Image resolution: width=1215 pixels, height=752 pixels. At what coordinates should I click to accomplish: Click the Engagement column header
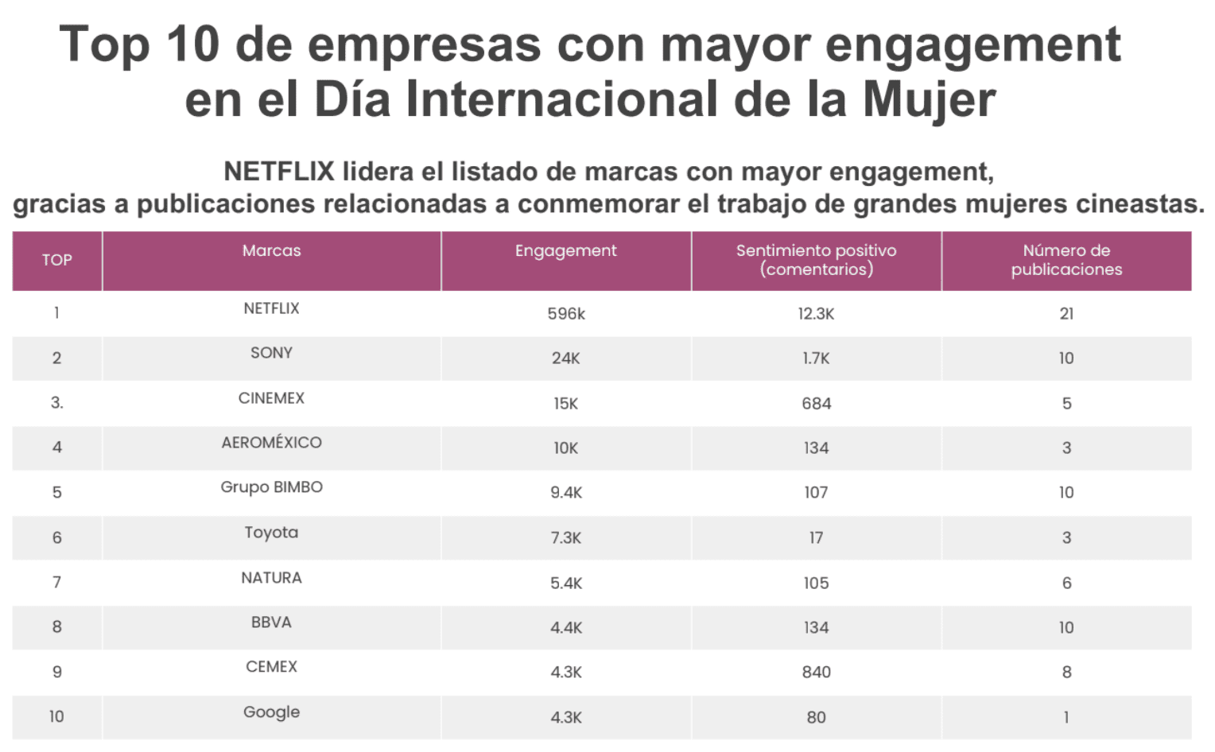point(565,250)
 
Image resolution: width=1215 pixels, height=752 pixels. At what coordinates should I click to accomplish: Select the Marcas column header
point(271,250)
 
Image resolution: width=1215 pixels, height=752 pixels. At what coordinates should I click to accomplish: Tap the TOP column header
point(56,260)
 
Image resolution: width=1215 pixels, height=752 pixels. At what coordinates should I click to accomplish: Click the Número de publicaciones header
point(1066,260)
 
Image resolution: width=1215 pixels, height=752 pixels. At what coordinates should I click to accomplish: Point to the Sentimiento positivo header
point(816,260)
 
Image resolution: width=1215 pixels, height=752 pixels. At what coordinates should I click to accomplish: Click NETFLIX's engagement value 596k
point(565,314)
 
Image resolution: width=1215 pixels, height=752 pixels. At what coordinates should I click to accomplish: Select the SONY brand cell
point(271,353)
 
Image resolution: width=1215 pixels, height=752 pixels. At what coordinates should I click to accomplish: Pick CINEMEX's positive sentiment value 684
point(816,404)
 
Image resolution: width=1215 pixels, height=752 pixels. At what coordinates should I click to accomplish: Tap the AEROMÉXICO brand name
point(271,443)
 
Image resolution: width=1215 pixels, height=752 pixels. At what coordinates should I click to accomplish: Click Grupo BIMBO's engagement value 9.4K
point(565,493)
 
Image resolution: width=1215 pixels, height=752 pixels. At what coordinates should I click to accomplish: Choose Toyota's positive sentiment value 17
point(816,538)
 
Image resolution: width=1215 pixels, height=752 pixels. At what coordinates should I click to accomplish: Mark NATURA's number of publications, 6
point(1066,583)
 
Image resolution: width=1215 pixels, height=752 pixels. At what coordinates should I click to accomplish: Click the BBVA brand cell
point(271,622)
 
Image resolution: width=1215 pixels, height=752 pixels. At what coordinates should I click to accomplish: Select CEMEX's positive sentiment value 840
point(816,673)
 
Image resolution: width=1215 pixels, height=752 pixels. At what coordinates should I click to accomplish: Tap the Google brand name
point(271,712)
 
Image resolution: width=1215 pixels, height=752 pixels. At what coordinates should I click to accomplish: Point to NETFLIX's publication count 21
point(1066,314)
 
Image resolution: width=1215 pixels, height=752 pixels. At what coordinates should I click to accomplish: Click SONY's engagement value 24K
point(565,359)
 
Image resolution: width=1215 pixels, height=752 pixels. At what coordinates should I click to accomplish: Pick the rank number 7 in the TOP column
point(56,583)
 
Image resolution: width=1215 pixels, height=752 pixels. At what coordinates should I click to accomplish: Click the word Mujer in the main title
point(929,99)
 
